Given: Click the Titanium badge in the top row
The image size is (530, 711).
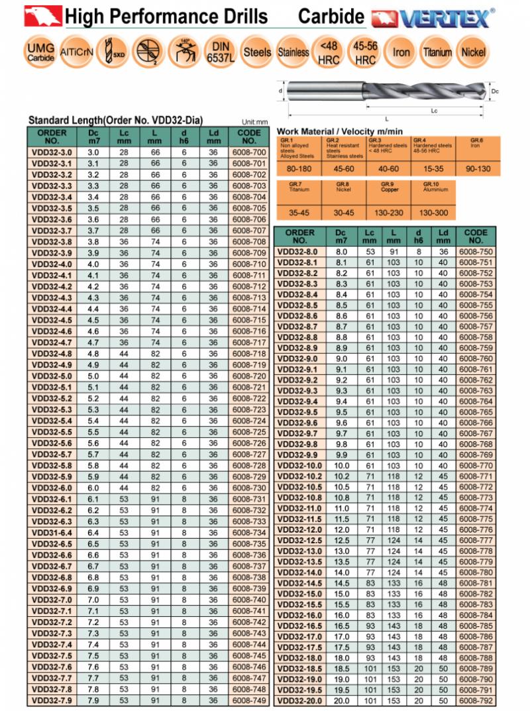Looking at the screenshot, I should [x=437, y=52].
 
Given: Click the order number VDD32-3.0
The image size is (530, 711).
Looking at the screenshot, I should [x=53, y=152].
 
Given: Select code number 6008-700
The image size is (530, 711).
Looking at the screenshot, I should [x=249, y=152].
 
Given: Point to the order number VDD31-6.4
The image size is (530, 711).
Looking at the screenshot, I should [x=53, y=532].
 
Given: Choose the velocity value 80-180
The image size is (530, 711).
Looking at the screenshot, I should [x=295, y=169].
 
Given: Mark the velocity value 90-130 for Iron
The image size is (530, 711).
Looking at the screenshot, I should [x=478, y=169].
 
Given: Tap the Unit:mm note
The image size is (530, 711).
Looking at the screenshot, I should [x=254, y=122].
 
